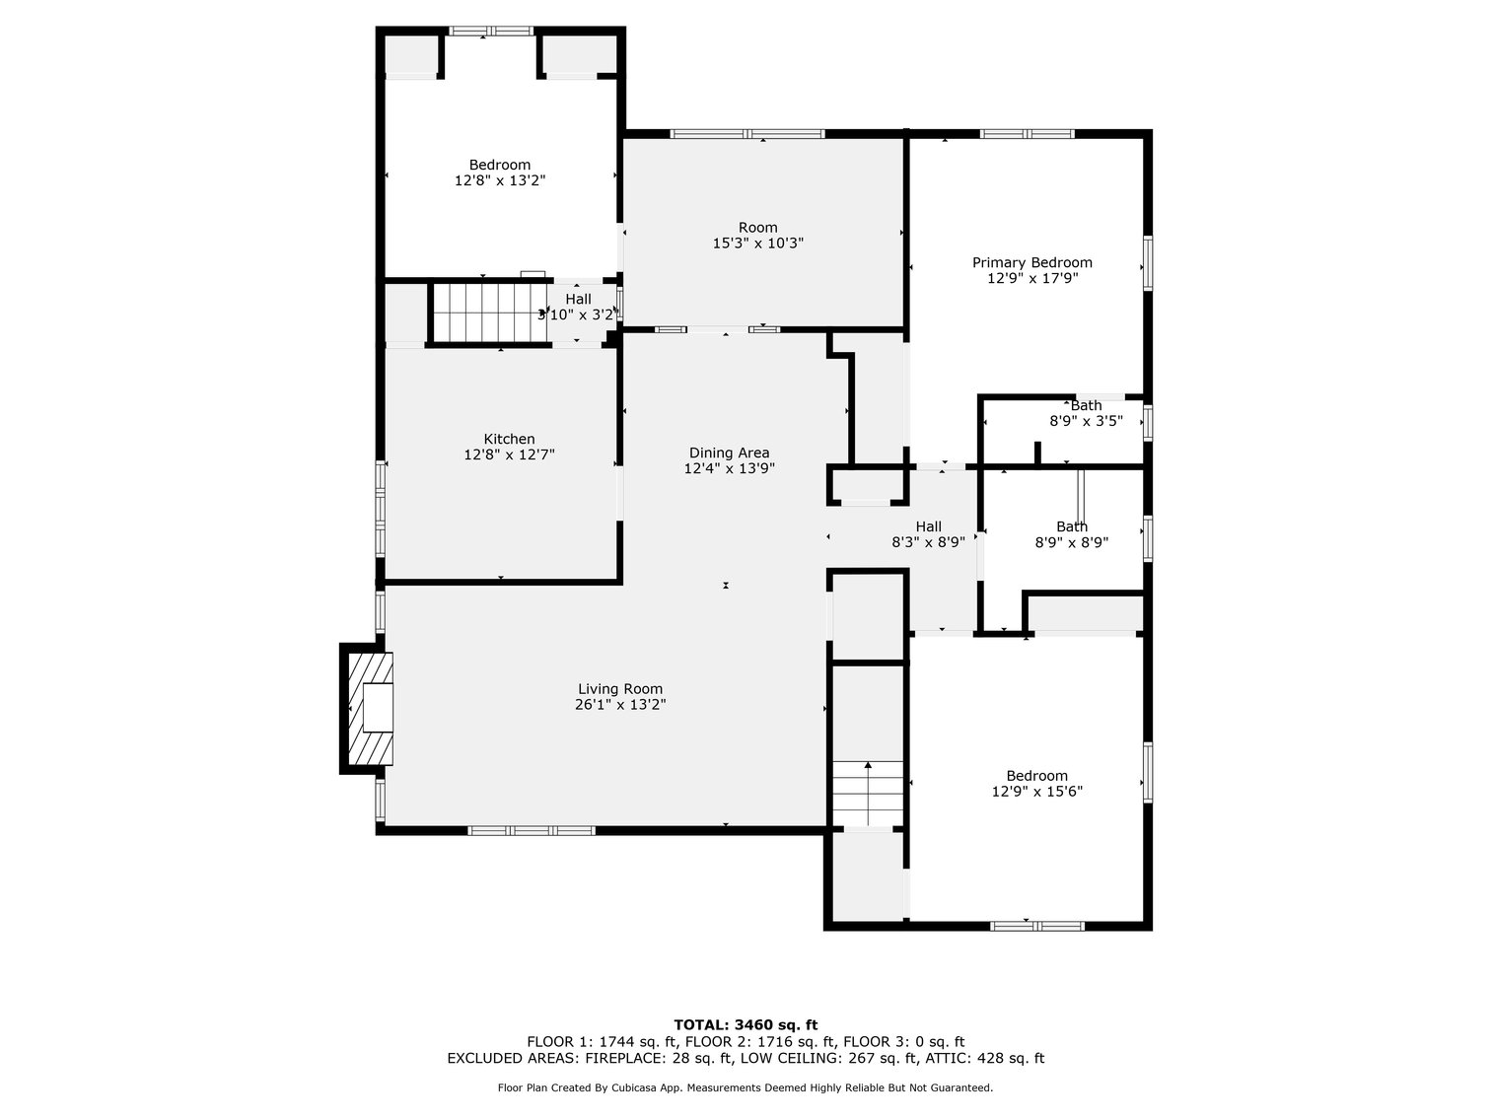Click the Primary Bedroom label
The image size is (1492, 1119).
tap(1031, 262)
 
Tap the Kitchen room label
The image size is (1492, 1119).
tap(509, 439)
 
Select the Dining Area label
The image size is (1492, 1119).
tap(729, 453)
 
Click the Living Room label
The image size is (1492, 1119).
tap(619, 689)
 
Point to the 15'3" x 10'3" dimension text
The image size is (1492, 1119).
tap(757, 244)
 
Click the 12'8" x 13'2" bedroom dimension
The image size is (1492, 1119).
tap(499, 181)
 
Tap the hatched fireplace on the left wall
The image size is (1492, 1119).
tap(368, 708)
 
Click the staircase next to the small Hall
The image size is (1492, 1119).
tap(489, 313)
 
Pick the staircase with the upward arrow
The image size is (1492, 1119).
tap(868, 794)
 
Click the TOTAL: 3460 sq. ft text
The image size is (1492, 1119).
tap(746, 1024)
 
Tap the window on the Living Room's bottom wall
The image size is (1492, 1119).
tap(531, 830)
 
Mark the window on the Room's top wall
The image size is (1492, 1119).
tap(746, 133)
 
